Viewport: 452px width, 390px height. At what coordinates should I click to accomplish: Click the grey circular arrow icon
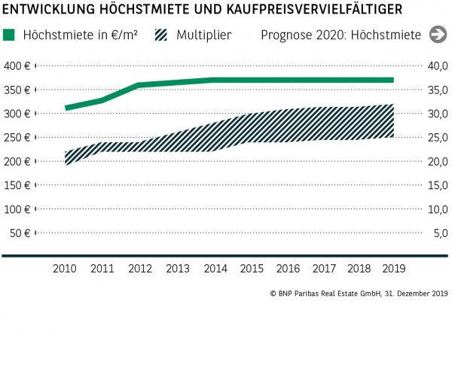pos(436,35)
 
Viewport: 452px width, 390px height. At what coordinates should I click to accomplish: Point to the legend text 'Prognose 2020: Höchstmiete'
pos(341,35)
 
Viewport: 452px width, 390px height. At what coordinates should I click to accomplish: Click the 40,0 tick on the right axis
pos(438,66)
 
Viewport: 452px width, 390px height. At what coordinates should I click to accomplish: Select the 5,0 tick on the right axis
pos(440,233)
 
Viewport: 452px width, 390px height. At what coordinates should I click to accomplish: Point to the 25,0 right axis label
pos(438,138)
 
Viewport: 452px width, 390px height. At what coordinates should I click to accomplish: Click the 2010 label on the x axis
pos(67,268)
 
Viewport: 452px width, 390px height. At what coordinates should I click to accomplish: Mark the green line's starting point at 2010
pos(67,108)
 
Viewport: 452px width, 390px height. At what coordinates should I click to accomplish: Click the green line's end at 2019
pos(392,80)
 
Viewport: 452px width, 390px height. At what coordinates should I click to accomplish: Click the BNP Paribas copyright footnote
pos(359,294)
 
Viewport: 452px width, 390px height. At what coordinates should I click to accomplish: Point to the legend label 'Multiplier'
pos(204,35)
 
